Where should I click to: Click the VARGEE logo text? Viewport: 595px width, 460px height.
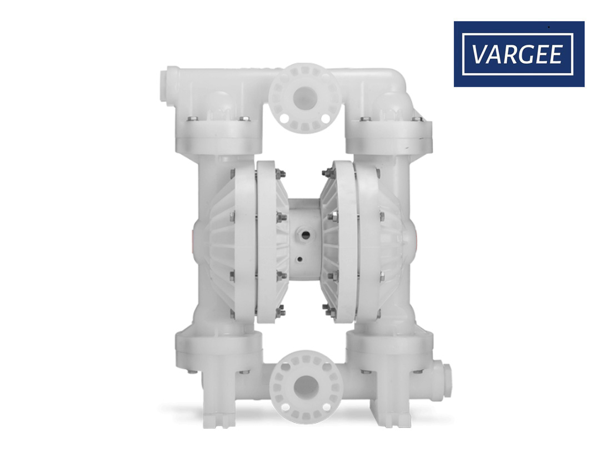(x=517, y=54)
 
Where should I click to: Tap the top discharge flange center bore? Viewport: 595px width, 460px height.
(x=304, y=98)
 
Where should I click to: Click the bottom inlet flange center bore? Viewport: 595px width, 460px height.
(x=306, y=387)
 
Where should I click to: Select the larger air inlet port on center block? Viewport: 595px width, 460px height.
(x=305, y=235)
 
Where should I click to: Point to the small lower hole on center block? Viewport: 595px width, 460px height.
(x=300, y=260)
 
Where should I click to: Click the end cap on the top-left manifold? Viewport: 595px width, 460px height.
(x=169, y=84)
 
